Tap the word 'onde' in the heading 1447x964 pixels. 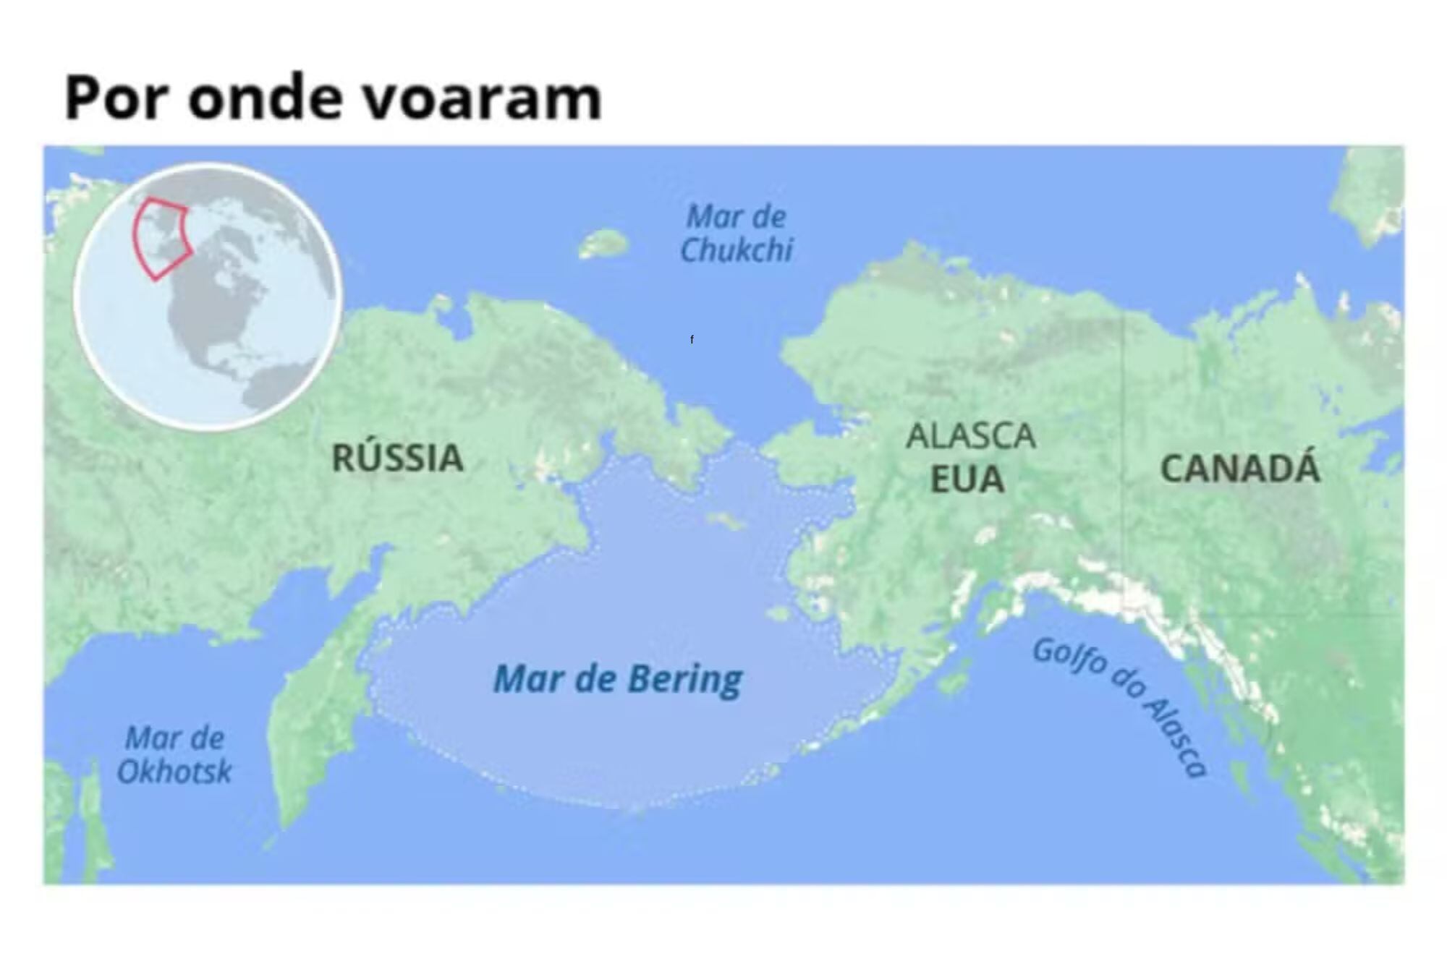(265, 97)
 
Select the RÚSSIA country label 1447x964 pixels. (397, 458)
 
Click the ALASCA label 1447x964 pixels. (971, 436)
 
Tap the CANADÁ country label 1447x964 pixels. (1240, 469)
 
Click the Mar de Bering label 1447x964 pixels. (618, 679)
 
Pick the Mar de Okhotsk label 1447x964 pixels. (174, 755)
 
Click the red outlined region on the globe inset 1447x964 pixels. (161, 237)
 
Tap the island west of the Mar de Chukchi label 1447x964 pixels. (603, 244)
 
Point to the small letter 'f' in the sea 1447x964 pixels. (692, 339)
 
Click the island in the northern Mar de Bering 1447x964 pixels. (724, 520)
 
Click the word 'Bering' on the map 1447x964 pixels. (684, 679)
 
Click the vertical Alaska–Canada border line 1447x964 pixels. (1124, 434)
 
